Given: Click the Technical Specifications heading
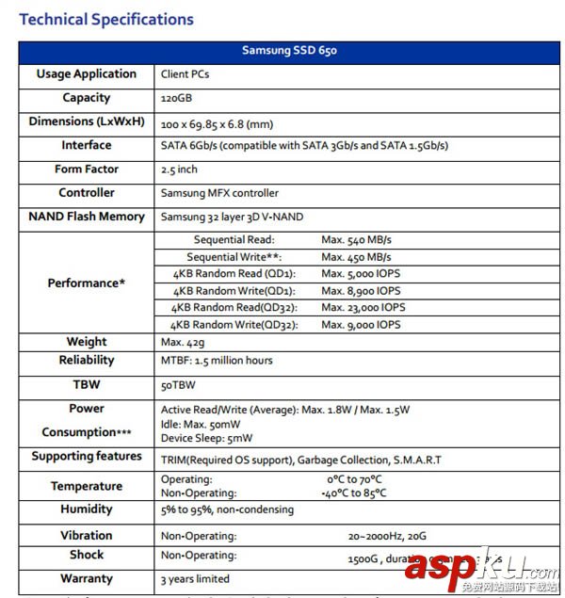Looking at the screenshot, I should click(x=106, y=19).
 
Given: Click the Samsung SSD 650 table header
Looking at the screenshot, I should click(x=289, y=51).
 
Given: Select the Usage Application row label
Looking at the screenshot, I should click(x=87, y=73).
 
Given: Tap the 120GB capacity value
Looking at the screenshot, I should click(x=176, y=98).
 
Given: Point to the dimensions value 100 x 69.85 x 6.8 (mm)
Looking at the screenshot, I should click(x=217, y=122).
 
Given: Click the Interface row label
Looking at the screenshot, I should click(x=87, y=145).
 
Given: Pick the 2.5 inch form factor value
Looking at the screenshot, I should click(x=180, y=170).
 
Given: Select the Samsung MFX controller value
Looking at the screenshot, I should click(x=220, y=193).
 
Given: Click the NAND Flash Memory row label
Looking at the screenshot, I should click(x=87, y=217).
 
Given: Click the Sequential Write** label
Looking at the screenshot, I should click(x=234, y=257).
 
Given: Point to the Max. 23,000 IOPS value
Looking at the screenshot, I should click(x=363, y=308).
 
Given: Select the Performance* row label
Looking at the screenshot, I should click(x=87, y=283).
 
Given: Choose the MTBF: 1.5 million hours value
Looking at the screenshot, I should click(x=218, y=361).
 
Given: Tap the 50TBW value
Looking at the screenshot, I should click(x=178, y=386).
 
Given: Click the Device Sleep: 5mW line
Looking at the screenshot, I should click(x=207, y=438).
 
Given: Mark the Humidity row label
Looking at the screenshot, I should click(x=87, y=509).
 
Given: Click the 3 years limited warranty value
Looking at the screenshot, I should click(x=195, y=579).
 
